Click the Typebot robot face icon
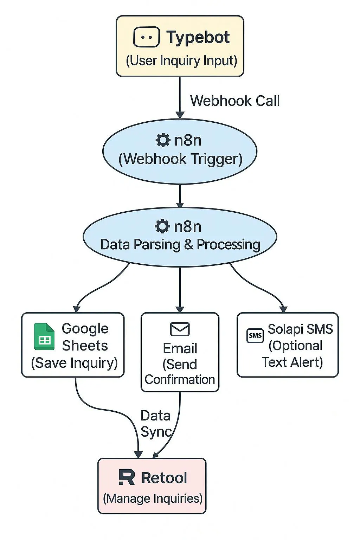coord(146,37)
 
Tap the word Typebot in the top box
coord(198,37)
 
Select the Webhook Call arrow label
coord(235,101)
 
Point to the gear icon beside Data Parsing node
coord(162,226)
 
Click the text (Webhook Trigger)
coord(180,159)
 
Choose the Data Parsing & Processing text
coord(180,245)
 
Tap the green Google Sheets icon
coord(44,337)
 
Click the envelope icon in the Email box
coord(180,329)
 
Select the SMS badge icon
coord(255,335)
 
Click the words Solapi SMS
coord(300,329)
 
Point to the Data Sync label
coord(156,423)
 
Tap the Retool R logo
coord(127,477)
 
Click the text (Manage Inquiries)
coord(153,498)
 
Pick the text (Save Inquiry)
coord(74,363)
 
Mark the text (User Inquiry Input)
coord(181,60)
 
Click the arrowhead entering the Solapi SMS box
coord(283,309)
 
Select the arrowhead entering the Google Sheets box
coord(77,309)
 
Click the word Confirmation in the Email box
coord(180,380)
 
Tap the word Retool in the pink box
coord(164,478)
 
